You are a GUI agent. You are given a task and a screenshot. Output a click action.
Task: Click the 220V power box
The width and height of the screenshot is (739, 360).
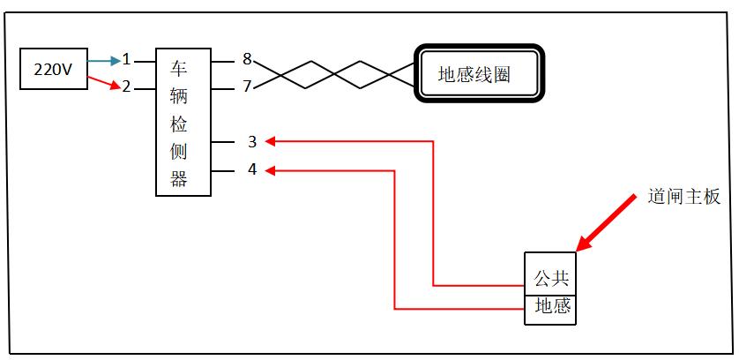pyautogui.click(x=54, y=69)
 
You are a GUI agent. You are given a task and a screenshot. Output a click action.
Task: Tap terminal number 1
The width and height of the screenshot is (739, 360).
pyautogui.click(x=126, y=59)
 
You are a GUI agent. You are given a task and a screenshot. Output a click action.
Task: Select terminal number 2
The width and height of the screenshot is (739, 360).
pyautogui.click(x=126, y=86)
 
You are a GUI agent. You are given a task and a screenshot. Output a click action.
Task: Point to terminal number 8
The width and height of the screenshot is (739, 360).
pyautogui.click(x=248, y=59)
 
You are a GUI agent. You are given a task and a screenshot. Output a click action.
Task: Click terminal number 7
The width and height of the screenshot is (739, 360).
pyautogui.click(x=248, y=86)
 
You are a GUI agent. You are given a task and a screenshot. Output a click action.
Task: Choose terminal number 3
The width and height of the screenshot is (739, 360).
pyautogui.click(x=252, y=141)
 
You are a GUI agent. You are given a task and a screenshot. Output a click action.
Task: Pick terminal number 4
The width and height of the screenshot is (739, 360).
pyautogui.click(x=252, y=169)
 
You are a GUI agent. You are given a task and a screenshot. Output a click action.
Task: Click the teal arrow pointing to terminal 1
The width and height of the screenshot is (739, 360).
pyautogui.click(x=104, y=60)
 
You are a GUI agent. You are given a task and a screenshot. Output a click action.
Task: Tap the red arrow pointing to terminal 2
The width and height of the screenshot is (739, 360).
pyautogui.click(x=103, y=82)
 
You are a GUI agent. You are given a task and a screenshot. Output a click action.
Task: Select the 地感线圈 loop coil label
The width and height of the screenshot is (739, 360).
pyautogui.click(x=474, y=74)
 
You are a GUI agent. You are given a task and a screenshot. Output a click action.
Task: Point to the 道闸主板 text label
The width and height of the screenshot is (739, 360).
pyautogui.click(x=684, y=198)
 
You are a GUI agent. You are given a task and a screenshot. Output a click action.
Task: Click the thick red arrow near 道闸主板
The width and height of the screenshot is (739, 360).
pyautogui.click(x=606, y=222)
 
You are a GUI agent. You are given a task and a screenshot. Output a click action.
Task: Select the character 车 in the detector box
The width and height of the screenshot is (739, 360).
pyautogui.click(x=179, y=69)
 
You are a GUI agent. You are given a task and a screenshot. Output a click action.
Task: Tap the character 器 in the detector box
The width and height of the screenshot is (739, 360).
pyautogui.click(x=179, y=179)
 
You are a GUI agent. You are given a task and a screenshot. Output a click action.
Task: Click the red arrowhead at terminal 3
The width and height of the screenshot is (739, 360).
pyautogui.click(x=270, y=141)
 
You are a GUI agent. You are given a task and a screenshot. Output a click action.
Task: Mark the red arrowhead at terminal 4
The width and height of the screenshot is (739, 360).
pyautogui.click(x=270, y=171)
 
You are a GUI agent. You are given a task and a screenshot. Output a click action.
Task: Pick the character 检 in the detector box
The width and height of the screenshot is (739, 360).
pyautogui.click(x=179, y=124)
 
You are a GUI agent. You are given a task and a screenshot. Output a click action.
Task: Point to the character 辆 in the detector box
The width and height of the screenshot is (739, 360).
pyautogui.click(x=179, y=96)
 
